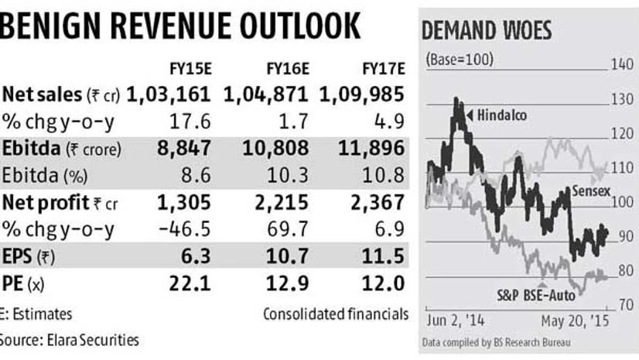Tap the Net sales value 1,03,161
coord(168,94)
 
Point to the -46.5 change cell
coord(188,229)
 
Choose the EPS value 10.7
coord(290,256)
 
